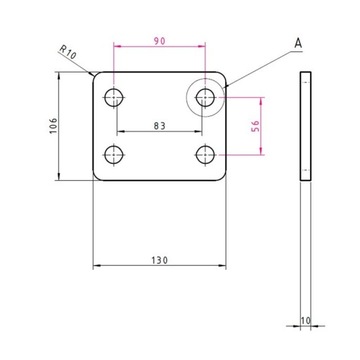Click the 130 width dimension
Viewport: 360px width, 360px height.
[x=160, y=259]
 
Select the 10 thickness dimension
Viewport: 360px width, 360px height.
[x=305, y=322]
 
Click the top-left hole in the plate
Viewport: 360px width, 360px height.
[x=115, y=97]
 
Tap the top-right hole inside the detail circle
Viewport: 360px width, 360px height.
[x=207, y=97]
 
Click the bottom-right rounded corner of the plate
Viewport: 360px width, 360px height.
[x=224, y=175]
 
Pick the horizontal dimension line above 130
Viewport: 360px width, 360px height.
[x=160, y=267]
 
